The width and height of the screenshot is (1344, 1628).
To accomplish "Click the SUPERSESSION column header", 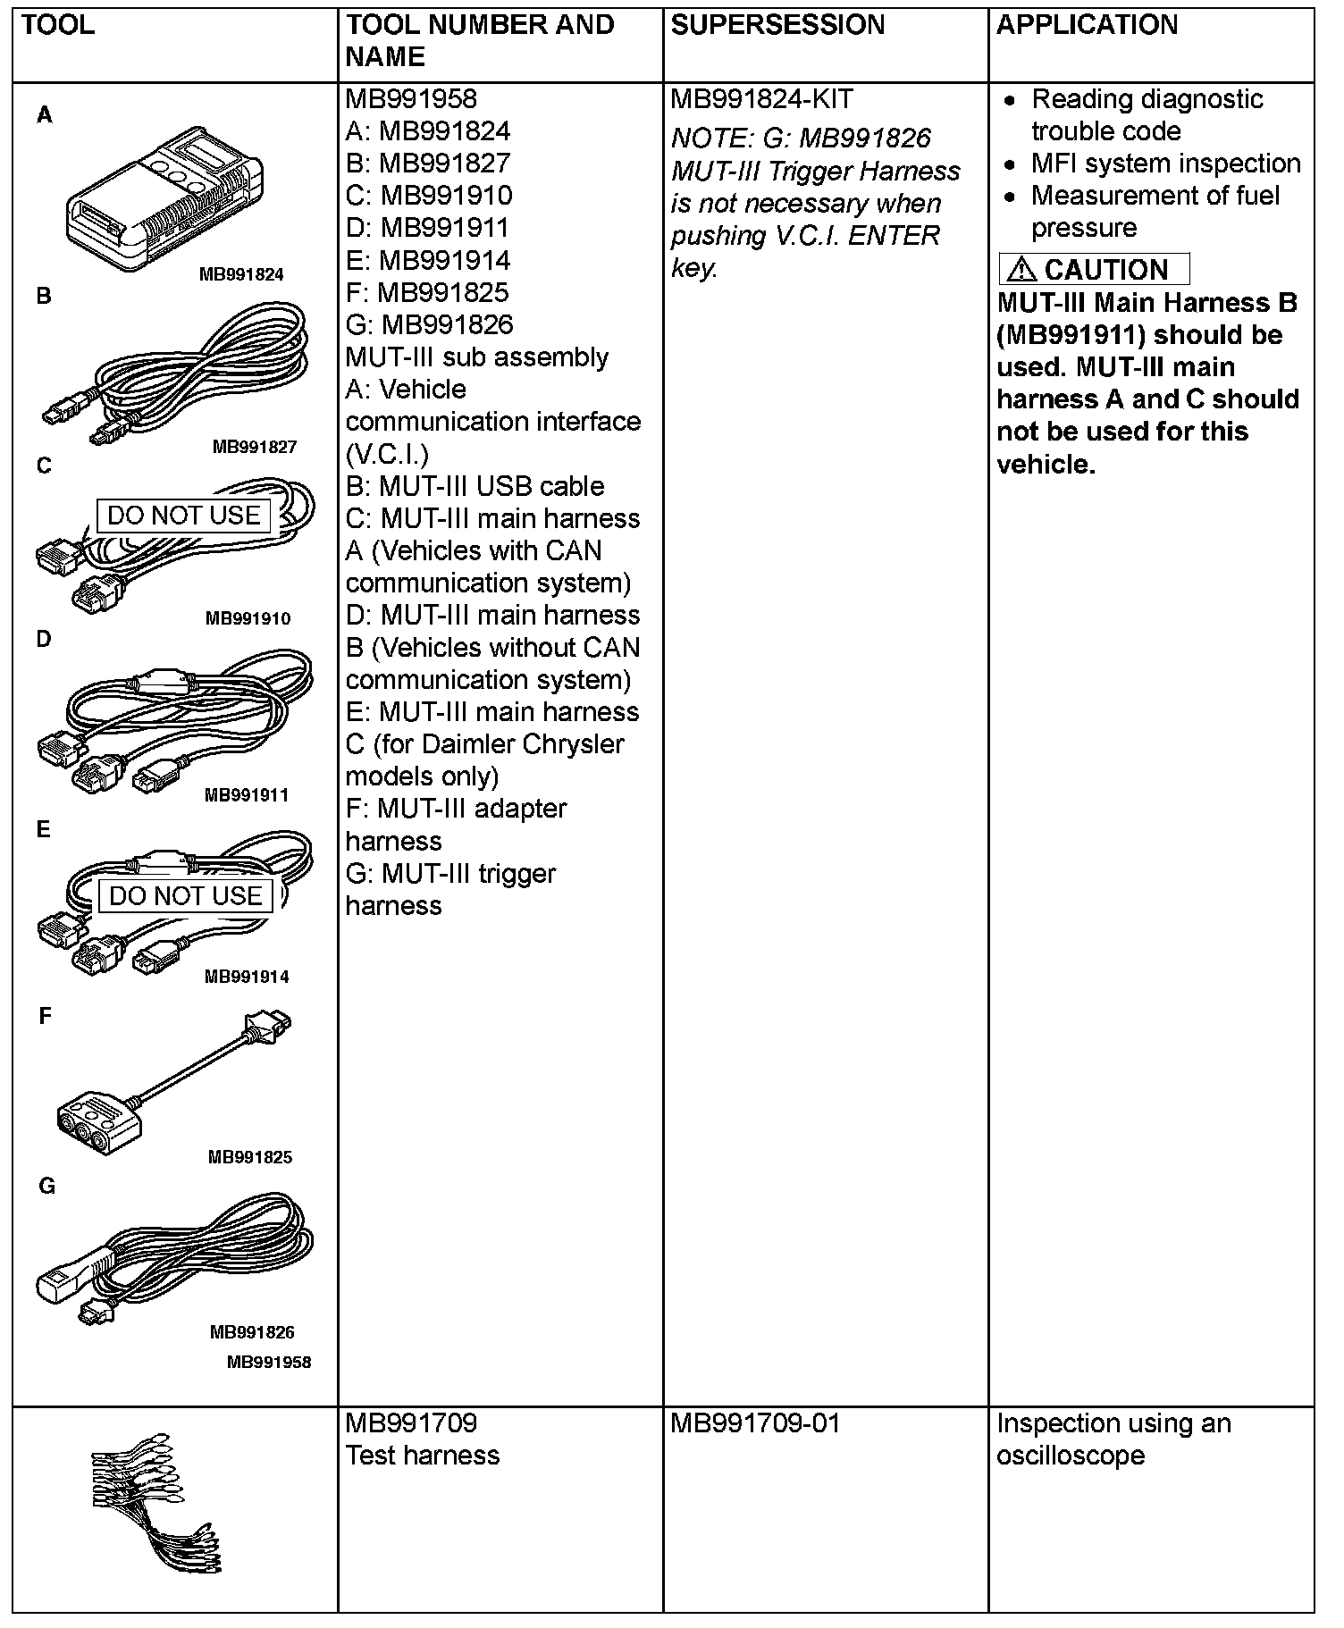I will tap(777, 25).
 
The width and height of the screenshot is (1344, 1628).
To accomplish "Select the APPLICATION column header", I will tap(1087, 25).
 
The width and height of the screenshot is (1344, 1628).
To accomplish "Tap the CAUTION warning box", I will tap(1094, 269).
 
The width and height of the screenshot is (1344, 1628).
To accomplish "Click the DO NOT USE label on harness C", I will tap(183, 516).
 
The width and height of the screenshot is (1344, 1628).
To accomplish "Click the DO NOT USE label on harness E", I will tap(185, 895).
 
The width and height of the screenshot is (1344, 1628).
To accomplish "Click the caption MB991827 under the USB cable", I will tap(254, 447).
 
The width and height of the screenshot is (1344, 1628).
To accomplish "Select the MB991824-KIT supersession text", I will tap(761, 99).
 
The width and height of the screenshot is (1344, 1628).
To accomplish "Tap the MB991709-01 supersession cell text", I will tap(755, 1423).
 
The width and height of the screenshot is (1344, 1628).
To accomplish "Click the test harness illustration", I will tap(157, 1506).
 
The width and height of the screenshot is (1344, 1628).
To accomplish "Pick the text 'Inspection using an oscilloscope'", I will tap(1113, 1439).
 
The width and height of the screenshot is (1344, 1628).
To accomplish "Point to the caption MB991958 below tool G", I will tap(269, 1362).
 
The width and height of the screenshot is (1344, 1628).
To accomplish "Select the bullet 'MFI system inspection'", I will tap(1165, 164).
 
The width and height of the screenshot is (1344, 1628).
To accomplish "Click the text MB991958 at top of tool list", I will tap(411, 99).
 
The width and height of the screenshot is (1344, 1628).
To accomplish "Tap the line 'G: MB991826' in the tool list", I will tap(429, 324).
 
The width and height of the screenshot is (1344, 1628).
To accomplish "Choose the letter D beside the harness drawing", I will tap(44, 639).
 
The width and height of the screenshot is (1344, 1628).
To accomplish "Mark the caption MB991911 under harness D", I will tap(247, 794).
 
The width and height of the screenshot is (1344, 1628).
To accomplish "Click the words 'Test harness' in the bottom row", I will tap(422, 1456).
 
